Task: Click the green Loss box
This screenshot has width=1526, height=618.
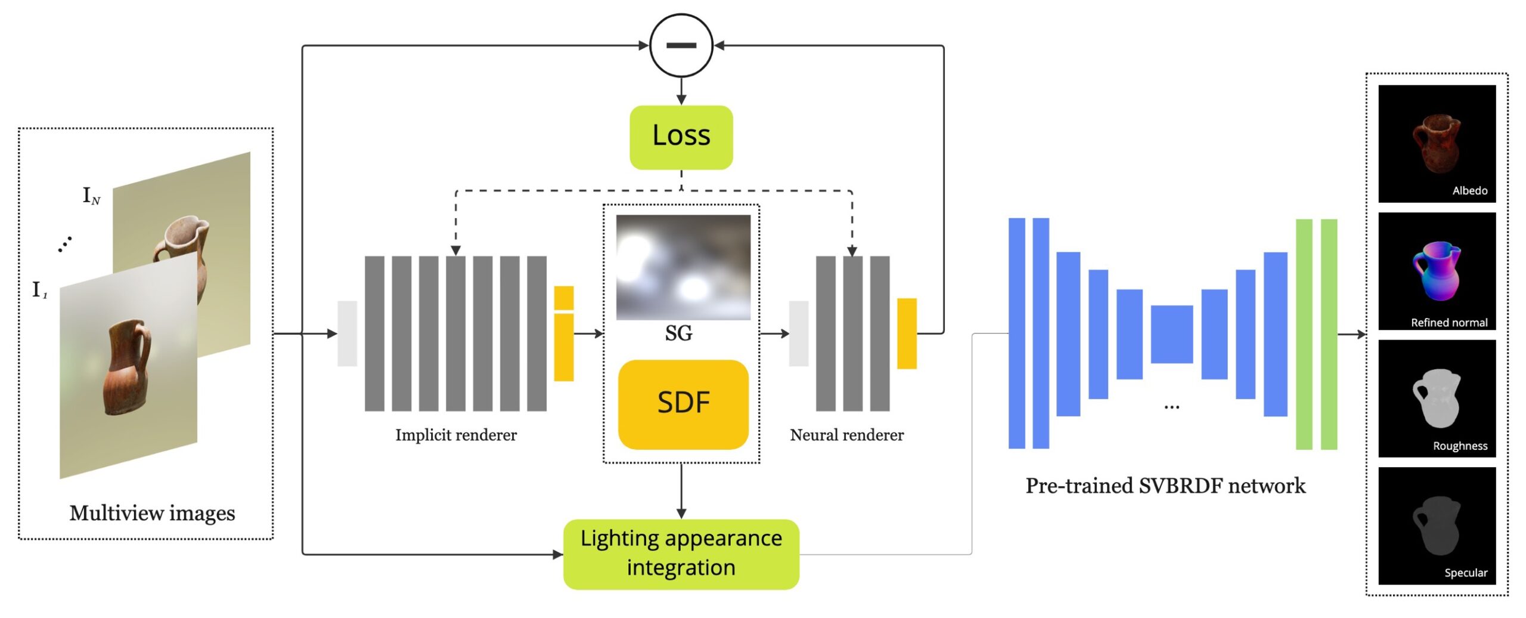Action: (681, 137)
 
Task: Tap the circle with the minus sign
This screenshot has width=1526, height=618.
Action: (681, 45)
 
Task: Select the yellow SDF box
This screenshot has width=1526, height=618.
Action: (683, 404)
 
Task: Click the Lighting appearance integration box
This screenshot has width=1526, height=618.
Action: (681, 554)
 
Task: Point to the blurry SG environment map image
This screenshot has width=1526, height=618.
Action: (683, 267)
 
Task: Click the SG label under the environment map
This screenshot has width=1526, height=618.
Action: (678, 333)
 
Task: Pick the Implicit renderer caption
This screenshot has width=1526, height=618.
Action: (456, 435)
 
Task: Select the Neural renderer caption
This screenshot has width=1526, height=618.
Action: (846, 435)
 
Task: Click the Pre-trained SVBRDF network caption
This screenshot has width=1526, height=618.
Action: (1165, 486)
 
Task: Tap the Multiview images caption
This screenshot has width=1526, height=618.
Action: (152, 513)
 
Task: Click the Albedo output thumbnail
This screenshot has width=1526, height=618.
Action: (1437, 143)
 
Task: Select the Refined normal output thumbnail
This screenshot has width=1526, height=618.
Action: (1437, 271)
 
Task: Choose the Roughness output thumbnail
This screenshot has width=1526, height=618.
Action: (1437, 398)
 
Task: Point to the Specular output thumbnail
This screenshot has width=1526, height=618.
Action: (1437, 525)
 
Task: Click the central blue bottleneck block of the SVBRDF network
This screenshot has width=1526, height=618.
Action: (1171, 334)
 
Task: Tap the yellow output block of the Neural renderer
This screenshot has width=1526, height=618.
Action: (907, 333)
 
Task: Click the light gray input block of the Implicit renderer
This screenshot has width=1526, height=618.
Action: (347, 333)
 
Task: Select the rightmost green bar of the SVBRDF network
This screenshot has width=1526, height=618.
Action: (1329, 334)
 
